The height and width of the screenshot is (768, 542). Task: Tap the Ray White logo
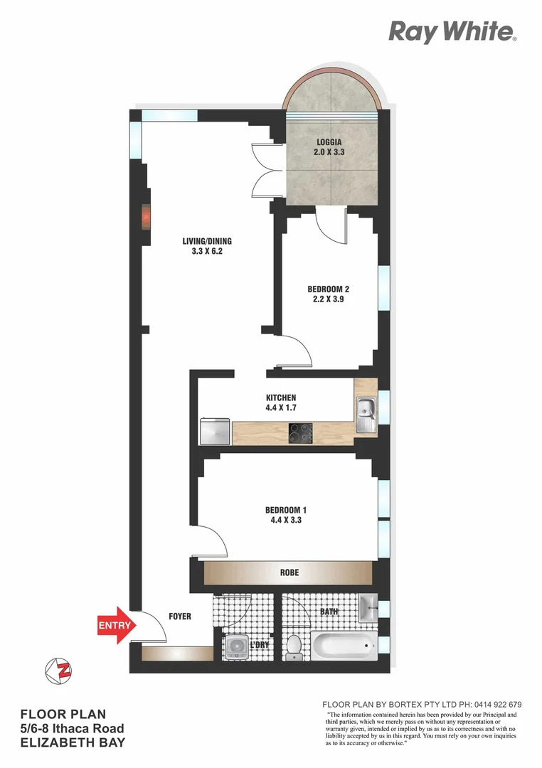pos(452,31)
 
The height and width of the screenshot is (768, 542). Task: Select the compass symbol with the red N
pos(58,671)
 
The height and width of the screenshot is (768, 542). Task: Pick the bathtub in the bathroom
pos(344,647)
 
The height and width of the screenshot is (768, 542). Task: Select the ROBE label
pos(289,572)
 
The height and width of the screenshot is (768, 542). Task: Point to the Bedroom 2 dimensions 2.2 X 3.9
pos(328,299)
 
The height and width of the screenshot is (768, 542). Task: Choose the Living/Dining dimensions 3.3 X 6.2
pos(207,251)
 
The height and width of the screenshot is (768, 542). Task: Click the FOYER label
pos(180,617)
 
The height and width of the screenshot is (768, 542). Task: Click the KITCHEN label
pos(281,398)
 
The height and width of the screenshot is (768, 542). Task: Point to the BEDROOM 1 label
pos(286,510)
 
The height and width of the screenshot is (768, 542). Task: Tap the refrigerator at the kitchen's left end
pos(216,430)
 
